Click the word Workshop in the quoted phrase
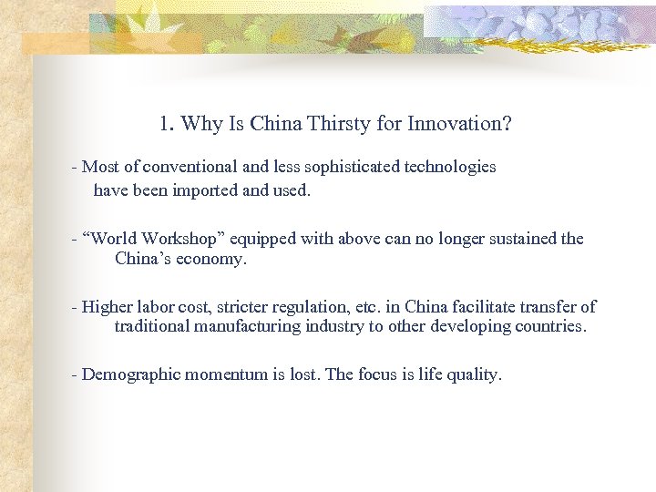189,239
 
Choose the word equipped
260,239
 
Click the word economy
214,259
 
